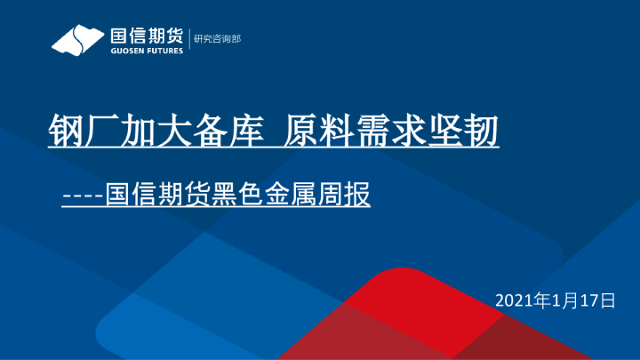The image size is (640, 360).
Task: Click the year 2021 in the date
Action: pos(514,300)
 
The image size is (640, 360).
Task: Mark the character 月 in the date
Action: pos(570,300)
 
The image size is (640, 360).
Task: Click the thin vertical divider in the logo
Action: pos(189,38)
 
